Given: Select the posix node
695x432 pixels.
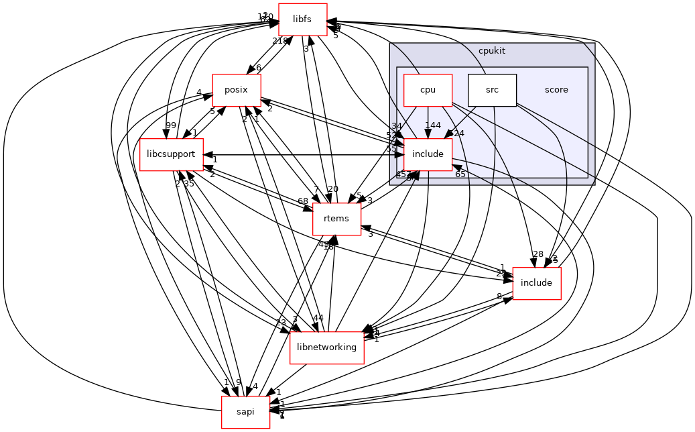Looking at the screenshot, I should (237, 90).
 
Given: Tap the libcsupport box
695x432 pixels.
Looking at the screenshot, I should (171, 154).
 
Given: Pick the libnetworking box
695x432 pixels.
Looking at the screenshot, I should (326, 347).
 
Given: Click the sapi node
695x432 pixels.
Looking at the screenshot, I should (246, 411).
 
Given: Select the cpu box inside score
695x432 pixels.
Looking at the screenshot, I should (428, 90).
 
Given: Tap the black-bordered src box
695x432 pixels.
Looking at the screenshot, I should (492, 90).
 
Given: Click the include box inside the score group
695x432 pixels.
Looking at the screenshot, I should (428, 154).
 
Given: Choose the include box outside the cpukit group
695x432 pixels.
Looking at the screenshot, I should (536, 282).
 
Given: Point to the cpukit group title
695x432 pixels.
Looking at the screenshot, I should (492, 51).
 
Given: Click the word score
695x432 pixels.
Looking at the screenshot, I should (556, 90).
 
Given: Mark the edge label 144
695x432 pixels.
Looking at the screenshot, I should (432, 125).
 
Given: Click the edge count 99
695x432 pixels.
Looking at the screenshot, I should (152, 125).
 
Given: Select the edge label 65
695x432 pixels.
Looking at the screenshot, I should (460, 174).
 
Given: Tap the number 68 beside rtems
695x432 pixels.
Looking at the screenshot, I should (303, 201).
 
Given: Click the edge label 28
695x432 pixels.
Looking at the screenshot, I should (538, 254).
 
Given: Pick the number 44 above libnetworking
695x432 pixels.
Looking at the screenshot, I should (318, 318).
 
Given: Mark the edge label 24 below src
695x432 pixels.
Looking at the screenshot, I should (459, 133).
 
